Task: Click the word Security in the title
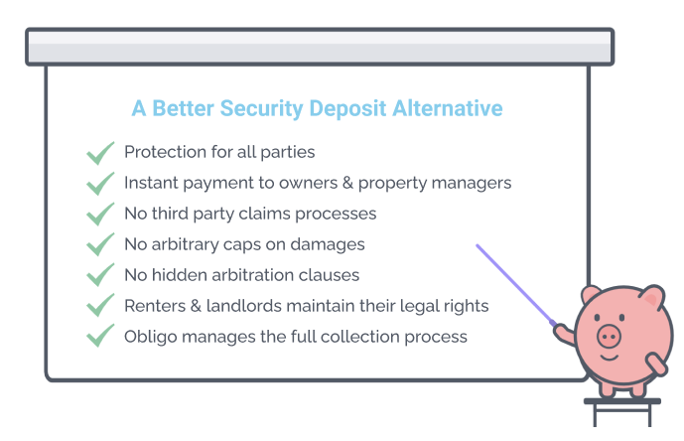(261, 108)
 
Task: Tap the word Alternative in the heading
(448, 108)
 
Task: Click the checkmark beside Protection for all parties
(100, 153)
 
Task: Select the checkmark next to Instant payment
(100, 184)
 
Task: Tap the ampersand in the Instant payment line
(347, 183)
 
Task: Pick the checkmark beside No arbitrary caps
(100, 244)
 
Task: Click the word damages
(328, 245)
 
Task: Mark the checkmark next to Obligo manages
(100, 336)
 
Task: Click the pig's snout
(609, 336)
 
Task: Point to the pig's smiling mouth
(610, 358)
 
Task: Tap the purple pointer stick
(515, 285)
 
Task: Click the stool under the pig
(622, 412)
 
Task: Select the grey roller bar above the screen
(320, 47)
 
